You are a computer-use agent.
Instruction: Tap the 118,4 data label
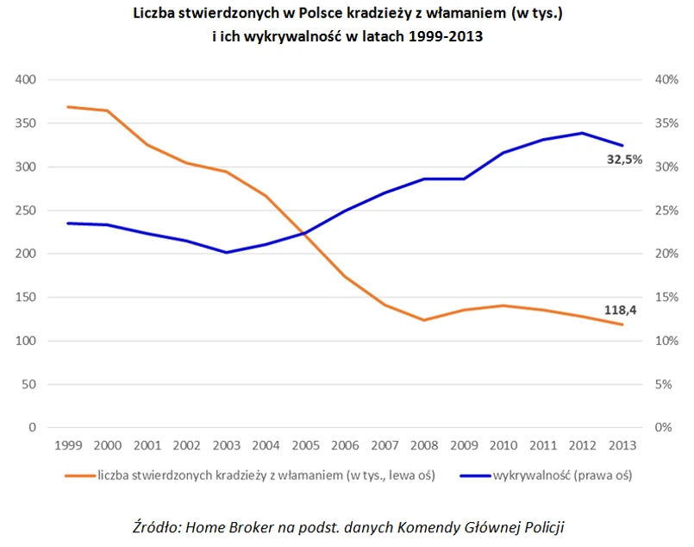pos(620,310)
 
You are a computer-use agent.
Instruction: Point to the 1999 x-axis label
pos(68,445)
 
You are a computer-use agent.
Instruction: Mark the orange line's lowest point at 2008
pos(423,320)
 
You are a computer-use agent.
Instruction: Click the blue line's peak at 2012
pos(583,133)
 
